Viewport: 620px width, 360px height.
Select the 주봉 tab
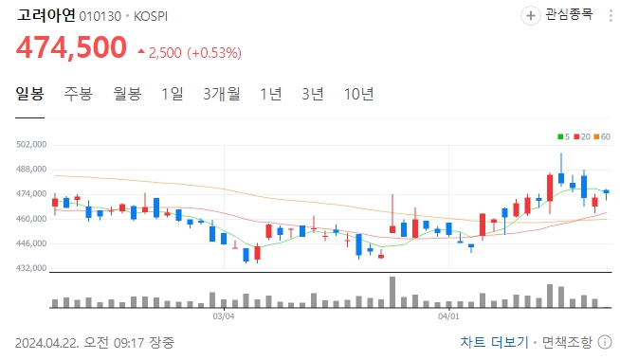tap(79, 94)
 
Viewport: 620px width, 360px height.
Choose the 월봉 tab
tap(127, 94)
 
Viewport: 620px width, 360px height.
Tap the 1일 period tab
tap(173, 94)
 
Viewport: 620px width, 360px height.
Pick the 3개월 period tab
tap(222, 94)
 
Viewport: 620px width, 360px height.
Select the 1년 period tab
tap(270, 94)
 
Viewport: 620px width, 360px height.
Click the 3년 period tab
tap(313, 94)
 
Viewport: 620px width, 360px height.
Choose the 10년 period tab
tap(359, 94)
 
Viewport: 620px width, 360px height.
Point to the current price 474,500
tap(70, 46)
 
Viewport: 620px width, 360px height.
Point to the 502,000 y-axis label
tap(32, 145)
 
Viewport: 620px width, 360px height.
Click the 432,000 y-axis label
tap(32, 268)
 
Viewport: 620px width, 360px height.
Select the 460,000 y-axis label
tap(32, 219)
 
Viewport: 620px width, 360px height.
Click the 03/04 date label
tap(223, 317)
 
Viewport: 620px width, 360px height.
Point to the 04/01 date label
tap(448, 317)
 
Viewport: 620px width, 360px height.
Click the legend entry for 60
tap(603, 137)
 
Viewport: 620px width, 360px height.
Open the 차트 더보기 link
tap(494, 341)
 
